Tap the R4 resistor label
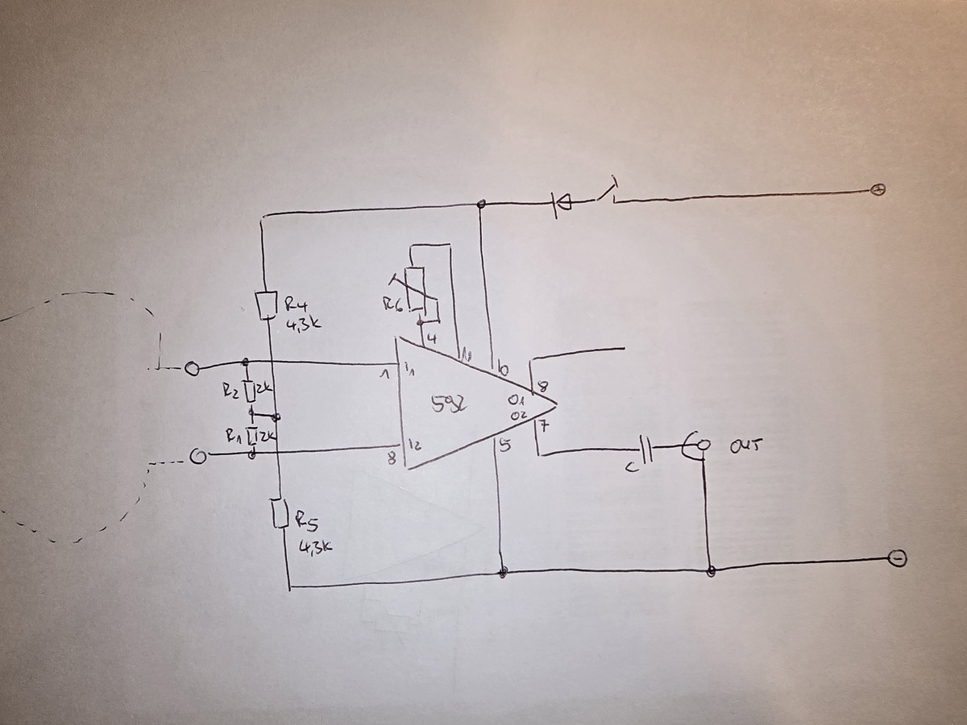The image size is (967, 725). [296, 304]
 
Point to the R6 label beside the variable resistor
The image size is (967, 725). [392, 304]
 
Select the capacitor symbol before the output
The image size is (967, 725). [646, 450]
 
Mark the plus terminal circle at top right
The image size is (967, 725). [878, 190]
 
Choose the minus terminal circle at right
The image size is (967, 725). [897, 558]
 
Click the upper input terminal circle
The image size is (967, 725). [192, 369]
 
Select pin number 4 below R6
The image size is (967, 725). [431, 339]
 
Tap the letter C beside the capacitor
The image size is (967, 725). [630, 466]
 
